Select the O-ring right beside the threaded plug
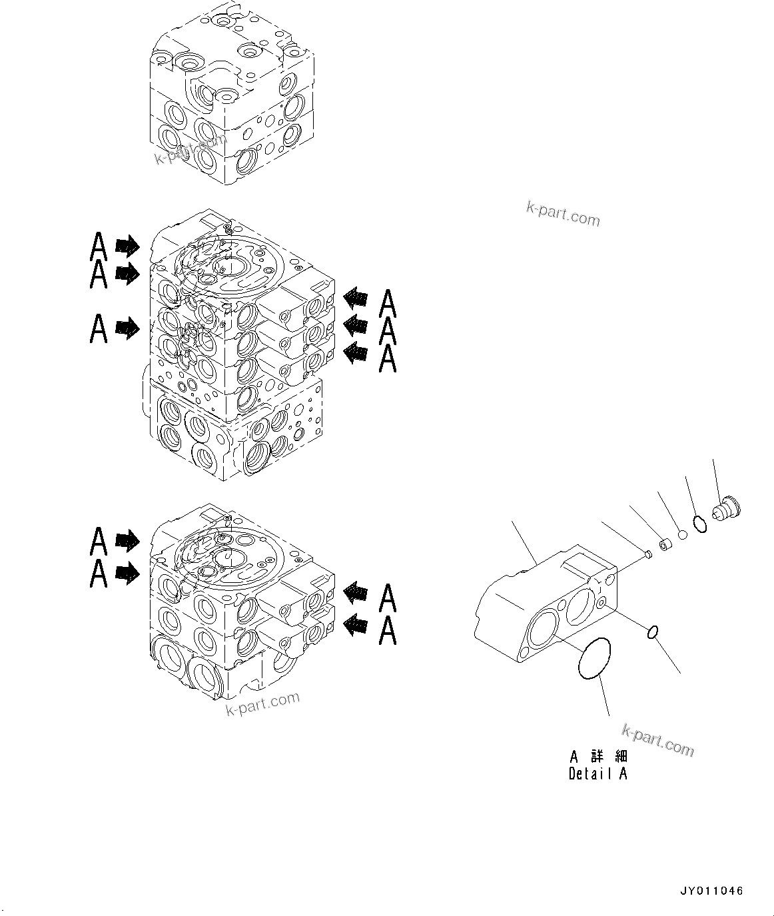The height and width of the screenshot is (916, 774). click(699, 524)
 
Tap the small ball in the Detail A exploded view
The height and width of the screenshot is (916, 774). click(682, 534)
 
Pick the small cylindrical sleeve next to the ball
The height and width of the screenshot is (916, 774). click(665, 545)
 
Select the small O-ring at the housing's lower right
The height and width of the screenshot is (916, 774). click(653, 632)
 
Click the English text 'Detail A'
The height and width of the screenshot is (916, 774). click(597, 773)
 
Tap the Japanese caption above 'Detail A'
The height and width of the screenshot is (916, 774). click(598, 757)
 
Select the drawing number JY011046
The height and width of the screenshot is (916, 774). click(711, 891)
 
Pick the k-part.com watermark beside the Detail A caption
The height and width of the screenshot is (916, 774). click(657, 741)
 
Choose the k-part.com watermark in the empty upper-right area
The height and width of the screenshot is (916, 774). click(563, 214)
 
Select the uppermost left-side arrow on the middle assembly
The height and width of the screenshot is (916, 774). click(127, 246)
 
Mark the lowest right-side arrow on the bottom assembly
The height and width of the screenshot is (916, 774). click(356, 626)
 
